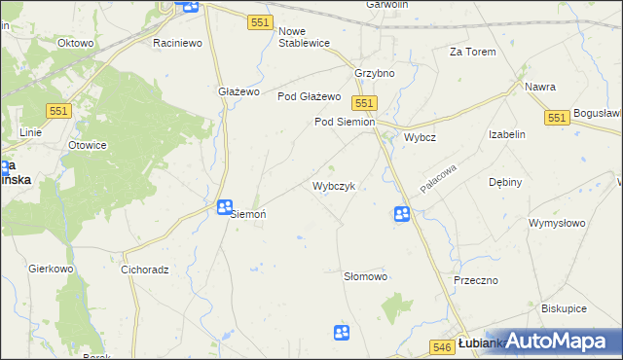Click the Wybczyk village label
(x=340, y=186)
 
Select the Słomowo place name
(x=366, y=277)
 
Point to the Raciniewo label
(x=177, y=44)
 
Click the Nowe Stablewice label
(x=304, y=37)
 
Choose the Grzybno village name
(x=374, y=74)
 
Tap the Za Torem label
(x=472, y=52)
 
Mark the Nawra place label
(x=539, y=87)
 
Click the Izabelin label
(x=507, y=135)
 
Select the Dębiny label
(x=506, y=182)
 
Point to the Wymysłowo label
(x=557, y=223)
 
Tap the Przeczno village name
(x=476, y=280)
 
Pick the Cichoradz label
(x=146, y=270)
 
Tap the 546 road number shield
(x=441, y=345)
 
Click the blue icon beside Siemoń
(x=225, y=207)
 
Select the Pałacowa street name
(x=438, y=180)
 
